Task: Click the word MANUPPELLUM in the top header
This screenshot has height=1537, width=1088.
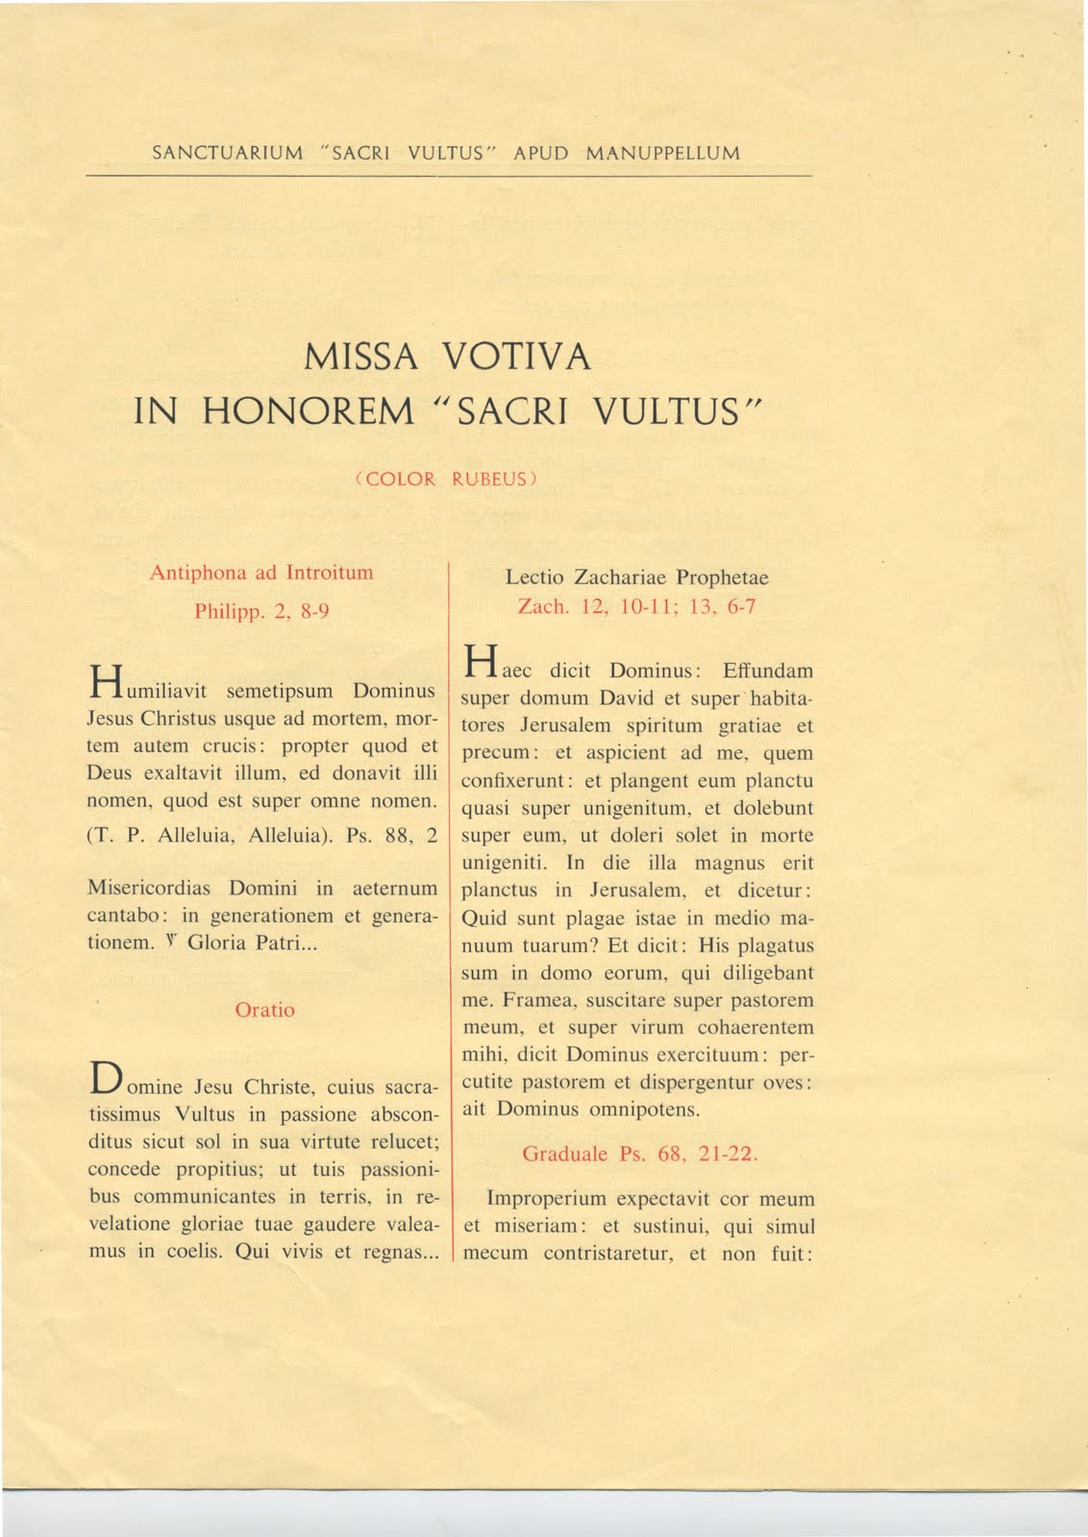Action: (662, 153)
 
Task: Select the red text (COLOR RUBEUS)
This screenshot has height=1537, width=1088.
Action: (445, 478)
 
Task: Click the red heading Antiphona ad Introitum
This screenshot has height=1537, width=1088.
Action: (261, 573)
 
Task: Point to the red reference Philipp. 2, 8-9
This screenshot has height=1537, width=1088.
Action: (261, 611)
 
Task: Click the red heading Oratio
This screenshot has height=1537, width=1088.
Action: (264, 1010)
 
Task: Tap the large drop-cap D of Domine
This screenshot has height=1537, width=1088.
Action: (104, 1078)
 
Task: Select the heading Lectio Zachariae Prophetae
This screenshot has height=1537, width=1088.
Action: (636, 577)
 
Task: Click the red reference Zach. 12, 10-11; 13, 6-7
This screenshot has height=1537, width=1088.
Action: (636, 606)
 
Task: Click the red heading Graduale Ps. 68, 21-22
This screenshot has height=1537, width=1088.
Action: (640, 1154)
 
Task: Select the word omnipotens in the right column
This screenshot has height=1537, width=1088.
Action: (653, 1110)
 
